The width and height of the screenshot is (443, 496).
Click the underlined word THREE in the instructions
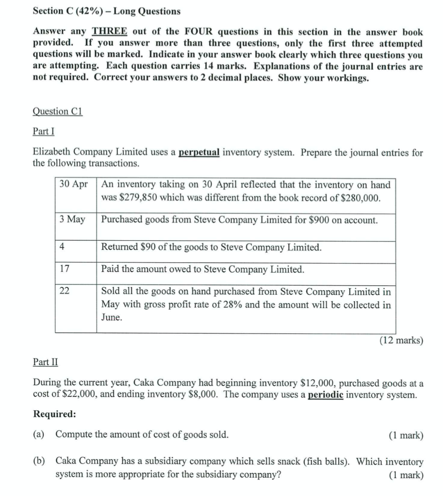pyautogui.click(x=110, y=31)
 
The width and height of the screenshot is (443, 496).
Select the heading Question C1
pyautogui.click(x=58, y=111)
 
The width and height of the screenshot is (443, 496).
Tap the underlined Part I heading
pyautogui.click(x=43, y=131)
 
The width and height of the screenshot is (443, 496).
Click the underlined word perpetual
pyautogui.click(x=199, y=152)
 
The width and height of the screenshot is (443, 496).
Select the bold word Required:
pyautogui.click(x=54, y=414)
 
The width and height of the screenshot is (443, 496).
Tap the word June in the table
pyautogui.click(x=112, y=318)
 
